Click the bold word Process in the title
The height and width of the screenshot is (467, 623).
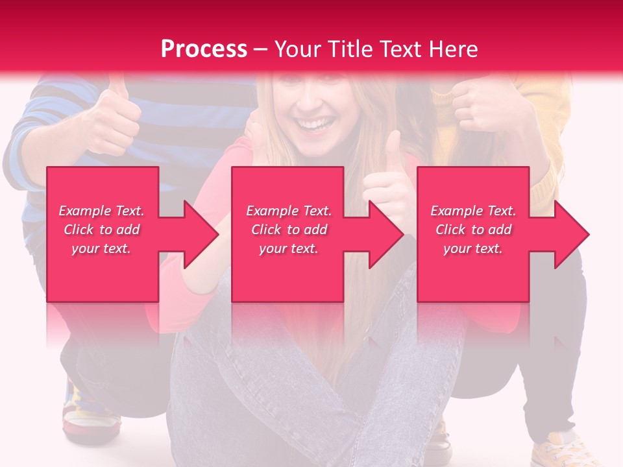pos(204,49)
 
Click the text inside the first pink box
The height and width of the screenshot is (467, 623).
pos(101,230)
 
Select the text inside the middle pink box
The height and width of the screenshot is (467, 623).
pos(288,230)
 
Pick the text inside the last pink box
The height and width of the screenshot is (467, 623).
pos(473,230)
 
